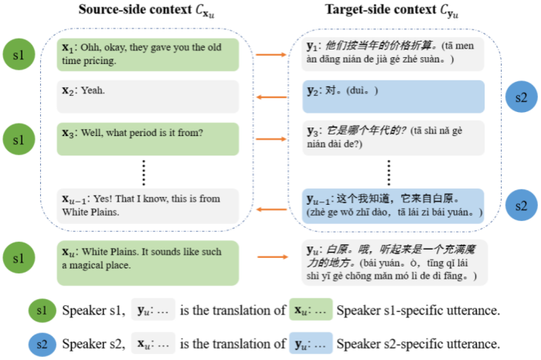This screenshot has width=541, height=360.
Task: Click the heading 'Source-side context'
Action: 148,12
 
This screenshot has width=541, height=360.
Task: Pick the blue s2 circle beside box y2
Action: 520,97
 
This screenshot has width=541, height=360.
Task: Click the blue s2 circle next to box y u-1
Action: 520,205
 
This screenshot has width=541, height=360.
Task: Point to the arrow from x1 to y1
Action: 270,55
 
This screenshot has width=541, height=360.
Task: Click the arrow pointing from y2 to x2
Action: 270,97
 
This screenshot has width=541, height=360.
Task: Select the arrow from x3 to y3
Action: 270,139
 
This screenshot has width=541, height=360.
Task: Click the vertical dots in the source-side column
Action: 145,169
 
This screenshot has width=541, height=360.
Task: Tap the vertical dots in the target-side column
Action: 388,171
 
